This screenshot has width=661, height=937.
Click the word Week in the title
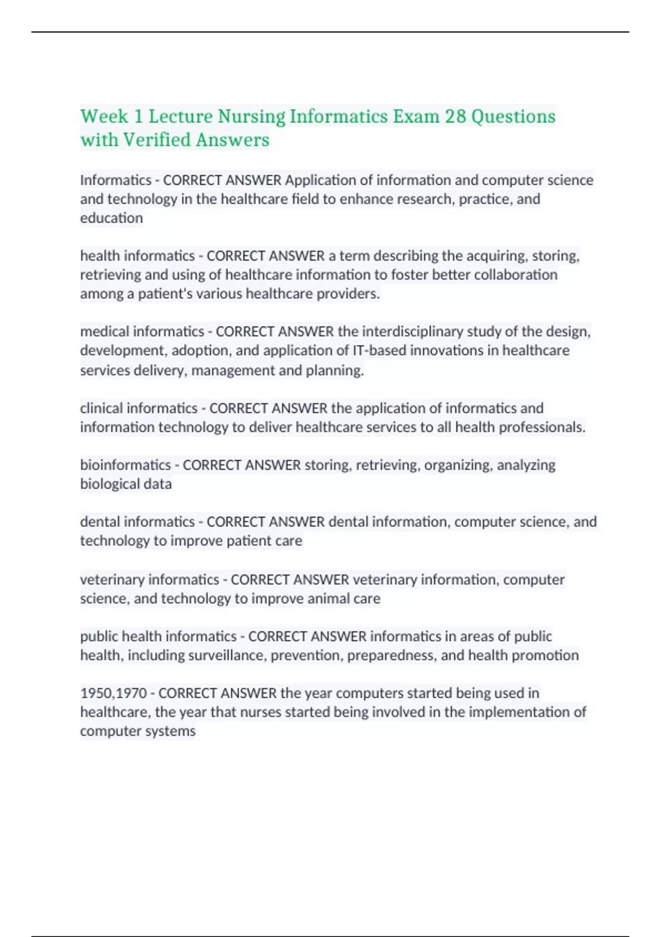coord(104,116)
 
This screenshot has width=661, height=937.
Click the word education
coord(111,218)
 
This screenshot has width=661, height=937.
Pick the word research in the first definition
coord(424,199)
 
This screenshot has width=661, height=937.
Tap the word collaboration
coord(516,274)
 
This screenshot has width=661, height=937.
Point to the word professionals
coord(541,427)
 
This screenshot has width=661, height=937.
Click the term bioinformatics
coord(126,465)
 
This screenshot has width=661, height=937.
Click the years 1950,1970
coord(113,693)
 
